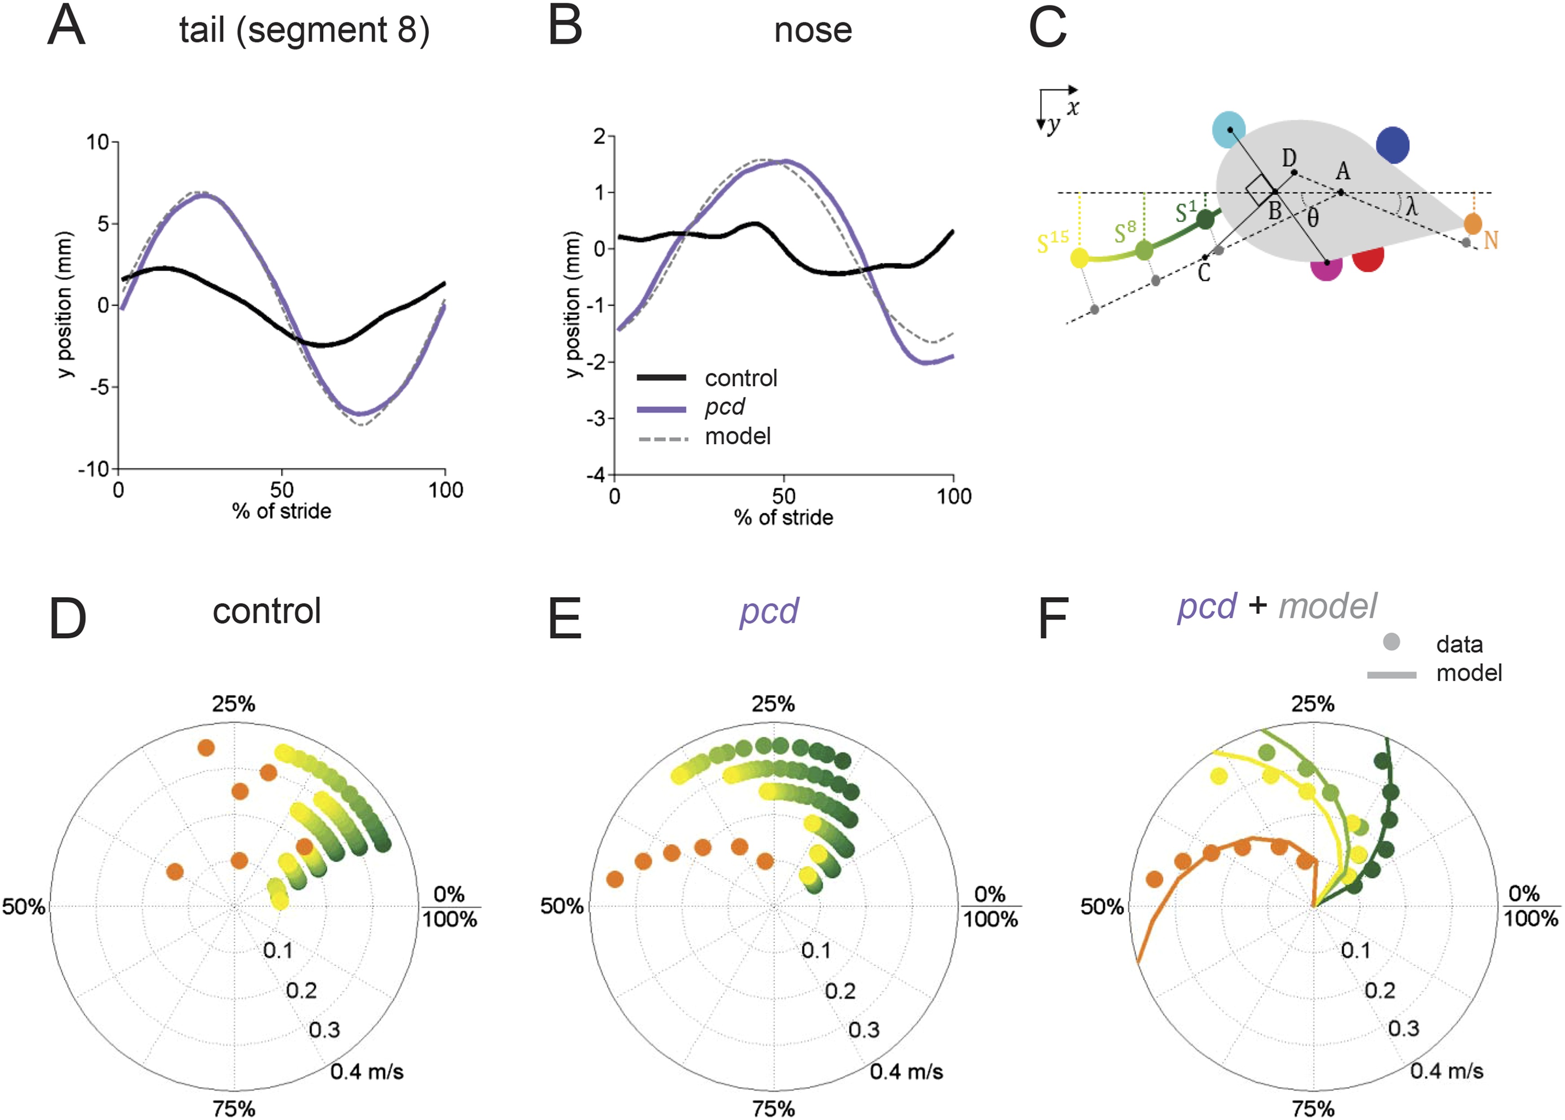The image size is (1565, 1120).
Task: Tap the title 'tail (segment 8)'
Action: tap(304, 31)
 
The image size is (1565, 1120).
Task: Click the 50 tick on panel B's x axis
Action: tap(784, 496)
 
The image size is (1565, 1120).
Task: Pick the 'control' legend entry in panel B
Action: tap(741, 378)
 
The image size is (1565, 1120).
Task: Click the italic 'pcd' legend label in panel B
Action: tap(724, 407)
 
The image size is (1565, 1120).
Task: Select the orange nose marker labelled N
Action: tap(1472, 223)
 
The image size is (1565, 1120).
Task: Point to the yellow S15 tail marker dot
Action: tap(1079, 258)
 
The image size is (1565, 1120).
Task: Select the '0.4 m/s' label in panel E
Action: tap(906, 1072)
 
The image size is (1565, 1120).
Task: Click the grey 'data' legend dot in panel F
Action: tap(1391, 642)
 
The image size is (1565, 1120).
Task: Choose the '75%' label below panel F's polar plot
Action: tap(1313, 1109)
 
